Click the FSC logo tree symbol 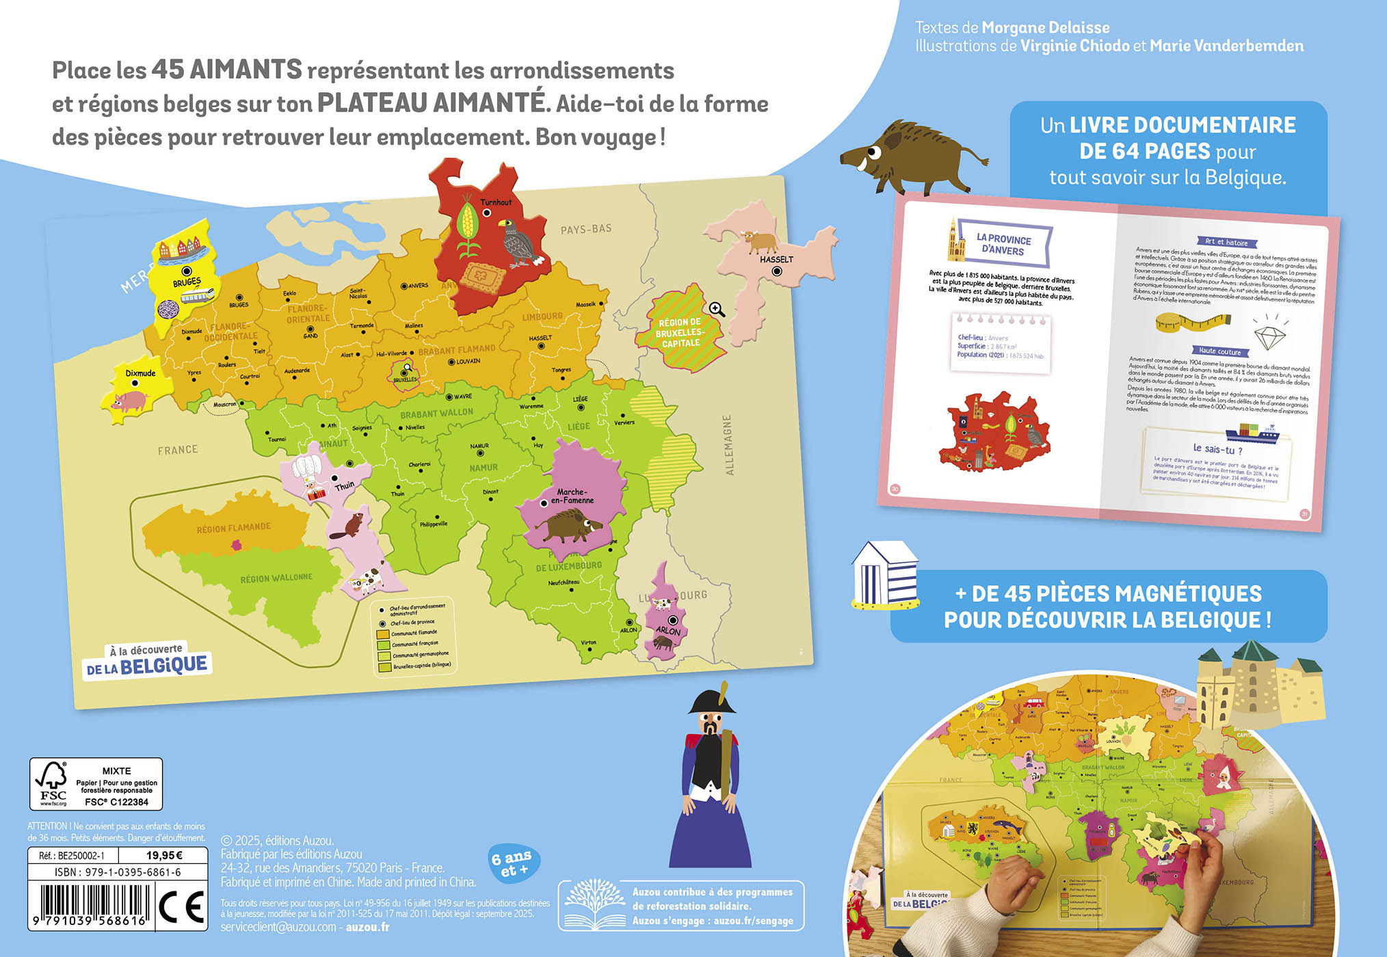click(x=51, y=777)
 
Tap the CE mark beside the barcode click(x=181, y=906)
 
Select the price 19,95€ click(x=164, y=855)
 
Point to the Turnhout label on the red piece click(x=496, y=202)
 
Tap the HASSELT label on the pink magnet click(x=776, y=260)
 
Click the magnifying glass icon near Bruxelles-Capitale click(x=716, y=310)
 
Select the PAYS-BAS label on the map click(x=585, y=229)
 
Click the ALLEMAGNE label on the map click(x=728, y=444)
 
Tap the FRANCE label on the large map click(x=178, y=450)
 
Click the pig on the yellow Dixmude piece click(x=129, y=401)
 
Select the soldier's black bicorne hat click(x=712, y=701)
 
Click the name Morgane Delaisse click(x=1046, y=27)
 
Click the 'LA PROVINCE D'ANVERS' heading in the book click(x=1003, y=245)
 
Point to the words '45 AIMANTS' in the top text click(x=226, y=70)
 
